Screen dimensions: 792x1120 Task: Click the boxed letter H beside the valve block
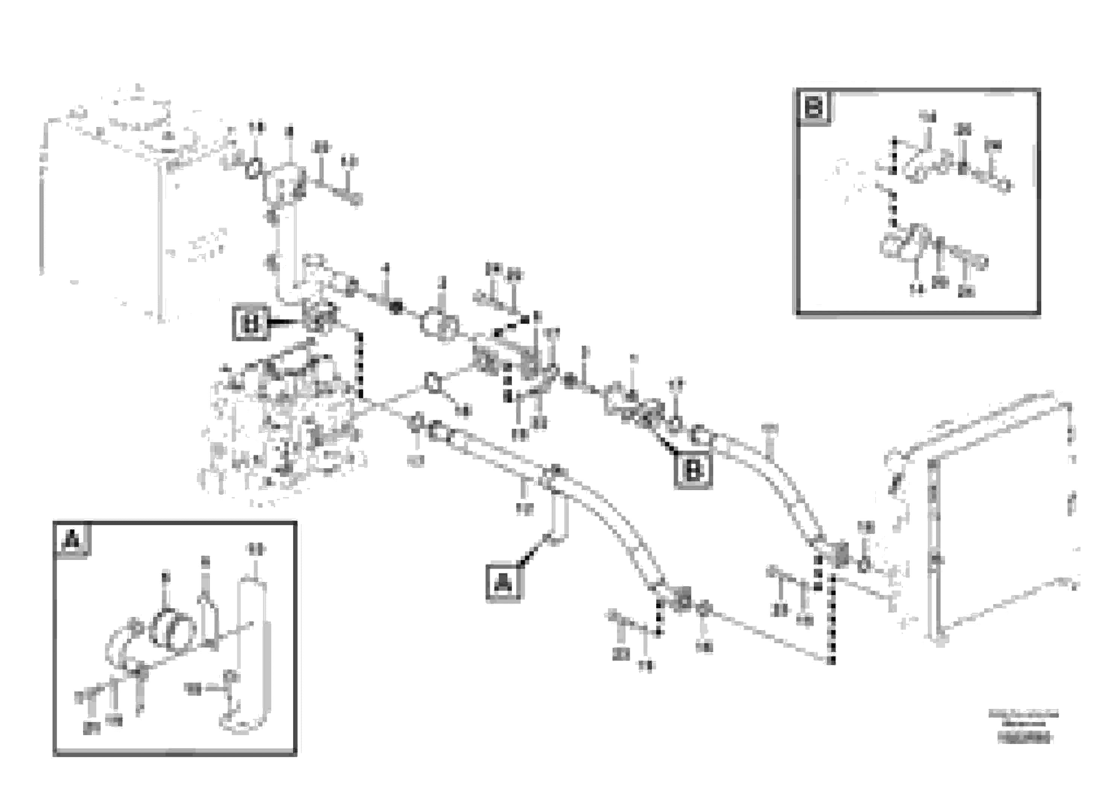[x=251, y=323]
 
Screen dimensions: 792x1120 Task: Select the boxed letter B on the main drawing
[x=693, y=471]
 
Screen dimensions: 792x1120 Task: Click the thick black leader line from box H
[x=286, y=322]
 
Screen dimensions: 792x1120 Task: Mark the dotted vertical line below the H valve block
[x=360, y=366]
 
